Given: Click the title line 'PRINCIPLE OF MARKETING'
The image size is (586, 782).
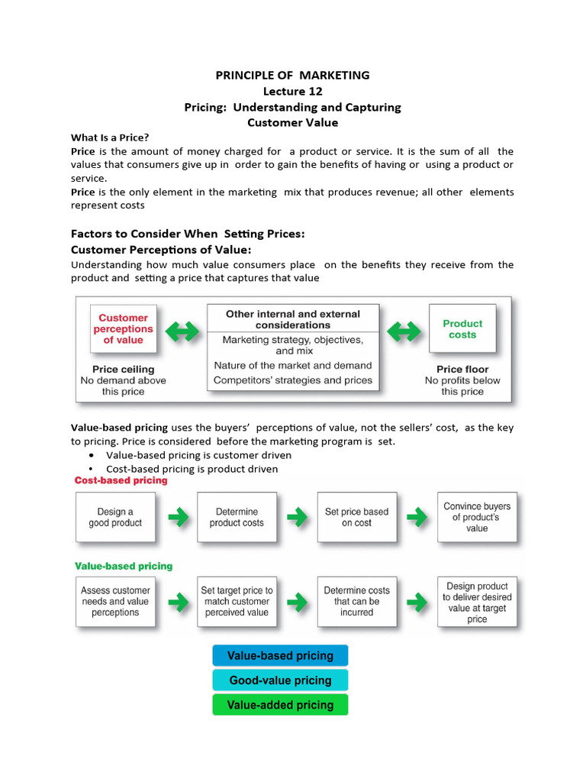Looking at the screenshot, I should tap(292, 75).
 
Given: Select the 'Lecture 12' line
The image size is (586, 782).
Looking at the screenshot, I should tap(292, 91).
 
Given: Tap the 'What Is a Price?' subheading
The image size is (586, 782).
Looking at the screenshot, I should tap(110, 137).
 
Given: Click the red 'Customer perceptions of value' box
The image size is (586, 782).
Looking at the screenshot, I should tap(123, 329).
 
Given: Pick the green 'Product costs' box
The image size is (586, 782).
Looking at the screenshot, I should tap(462, 329).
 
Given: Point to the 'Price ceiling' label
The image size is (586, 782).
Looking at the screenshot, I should tap(123, 369).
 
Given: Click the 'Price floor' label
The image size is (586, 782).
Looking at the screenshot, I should tap(462, 369).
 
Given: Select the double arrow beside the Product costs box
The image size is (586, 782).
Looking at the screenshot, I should tap(404, 331).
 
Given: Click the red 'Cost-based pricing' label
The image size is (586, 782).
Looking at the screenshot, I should tap(121, 481).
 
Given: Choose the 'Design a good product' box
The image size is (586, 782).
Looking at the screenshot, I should tap(115, 517).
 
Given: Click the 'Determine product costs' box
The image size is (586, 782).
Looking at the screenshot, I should tap(237, 517).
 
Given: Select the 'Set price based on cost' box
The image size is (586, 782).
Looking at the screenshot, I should tap(356, 517).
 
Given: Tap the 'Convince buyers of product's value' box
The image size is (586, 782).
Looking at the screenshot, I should tap(477, 517).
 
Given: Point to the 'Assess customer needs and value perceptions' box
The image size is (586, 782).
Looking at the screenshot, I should tap(115, 601).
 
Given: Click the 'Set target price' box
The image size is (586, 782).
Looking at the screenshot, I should tap(237, 601).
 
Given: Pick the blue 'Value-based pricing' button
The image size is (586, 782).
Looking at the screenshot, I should tap(280, 655).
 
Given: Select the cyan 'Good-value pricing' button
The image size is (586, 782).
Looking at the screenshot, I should tap(280, 680).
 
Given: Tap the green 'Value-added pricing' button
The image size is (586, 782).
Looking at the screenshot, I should tap(280, 704).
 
